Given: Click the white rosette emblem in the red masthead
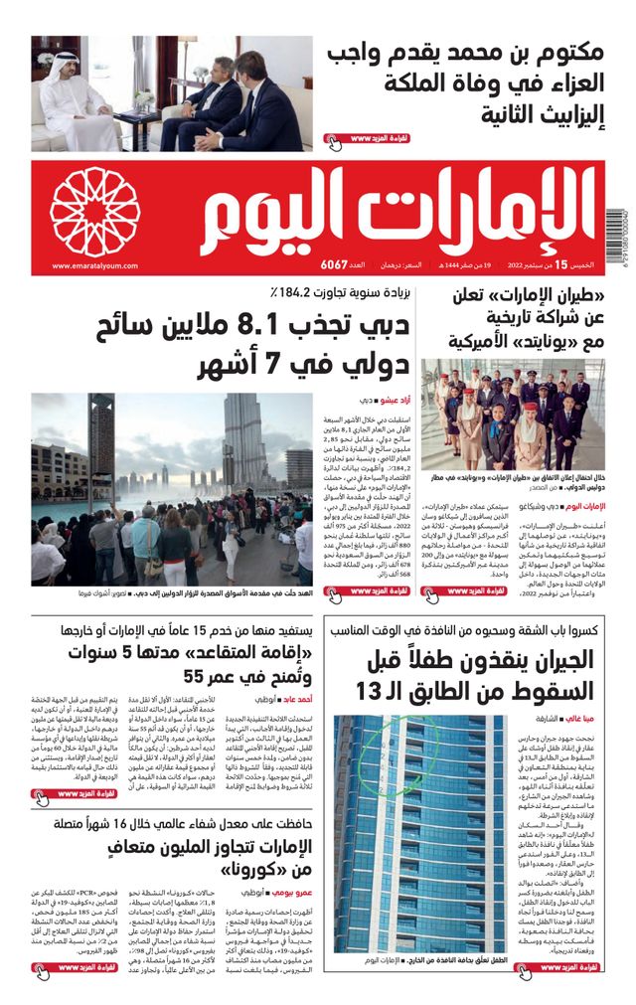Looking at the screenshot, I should click(x=95, y=212).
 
